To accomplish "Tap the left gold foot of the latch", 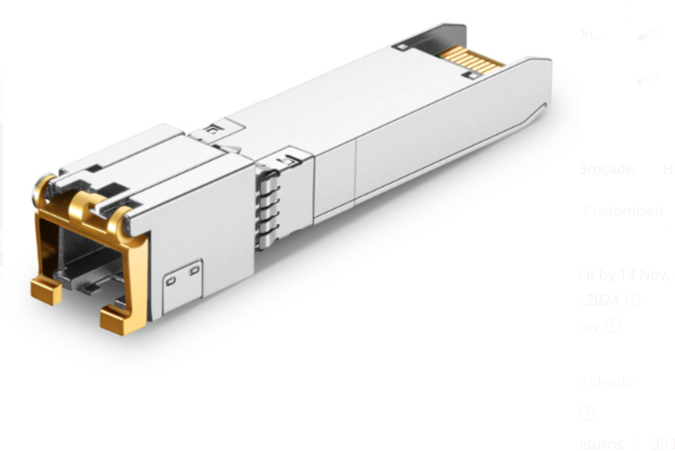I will coord(46,289).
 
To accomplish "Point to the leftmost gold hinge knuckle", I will coord(43,188).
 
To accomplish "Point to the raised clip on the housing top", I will coord(212,131).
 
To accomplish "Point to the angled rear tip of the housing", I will coord(541,108).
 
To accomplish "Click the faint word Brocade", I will coord(606,169).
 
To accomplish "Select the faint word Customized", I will coord(623,212).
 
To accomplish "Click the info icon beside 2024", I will coord(633,300).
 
